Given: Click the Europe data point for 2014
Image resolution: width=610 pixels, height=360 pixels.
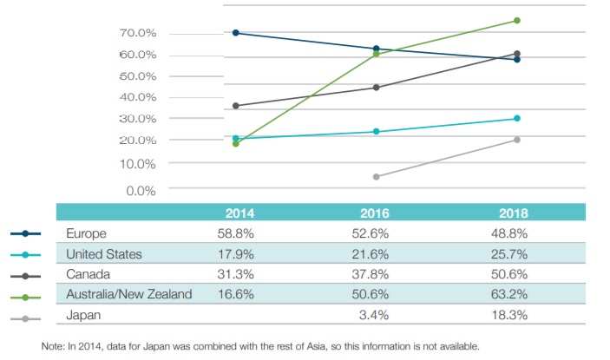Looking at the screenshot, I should tap(236, 33).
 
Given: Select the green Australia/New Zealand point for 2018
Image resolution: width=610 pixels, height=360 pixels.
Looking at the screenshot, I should tap(517, 20).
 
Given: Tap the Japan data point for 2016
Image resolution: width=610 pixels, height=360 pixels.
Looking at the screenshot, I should tap(377, 177).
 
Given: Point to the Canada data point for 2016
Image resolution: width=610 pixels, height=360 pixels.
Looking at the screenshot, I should tap(377, 87).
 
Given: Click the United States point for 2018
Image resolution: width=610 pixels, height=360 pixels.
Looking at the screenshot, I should tap(517, 118).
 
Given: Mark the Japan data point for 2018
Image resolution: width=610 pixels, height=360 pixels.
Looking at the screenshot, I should tap(517, 140).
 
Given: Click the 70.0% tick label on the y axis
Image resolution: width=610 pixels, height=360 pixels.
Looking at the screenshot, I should tap(138, 33).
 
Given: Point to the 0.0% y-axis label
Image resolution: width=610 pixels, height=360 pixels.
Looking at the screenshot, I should tap(141, 190).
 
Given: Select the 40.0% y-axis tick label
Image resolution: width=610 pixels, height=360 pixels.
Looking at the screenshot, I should tap(138, 97).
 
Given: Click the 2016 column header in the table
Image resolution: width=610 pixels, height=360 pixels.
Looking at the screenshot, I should tap(376, 213).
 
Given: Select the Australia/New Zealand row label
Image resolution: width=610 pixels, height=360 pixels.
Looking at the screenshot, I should tap(129, 294).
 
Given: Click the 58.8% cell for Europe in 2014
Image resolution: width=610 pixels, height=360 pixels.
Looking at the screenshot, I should tap(236, 233).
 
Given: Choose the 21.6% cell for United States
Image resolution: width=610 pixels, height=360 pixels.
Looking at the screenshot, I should tap(376, 254).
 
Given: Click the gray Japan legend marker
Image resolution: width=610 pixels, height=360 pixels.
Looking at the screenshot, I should tap(26, 318).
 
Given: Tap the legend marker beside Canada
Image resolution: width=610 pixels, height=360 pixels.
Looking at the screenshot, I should tap(26, 276).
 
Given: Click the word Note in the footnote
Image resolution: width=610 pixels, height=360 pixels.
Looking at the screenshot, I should tap(55, 346).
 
